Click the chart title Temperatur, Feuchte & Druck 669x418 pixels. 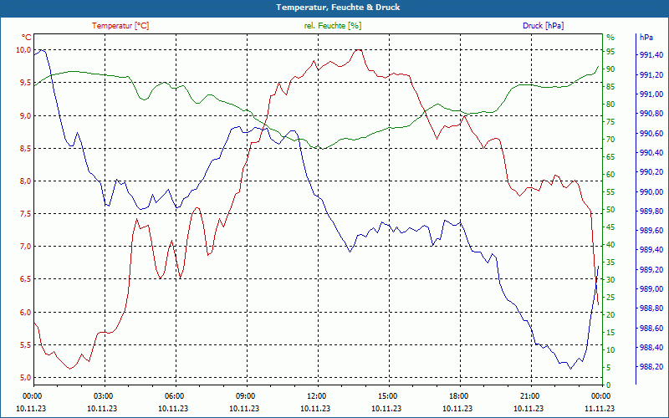tap(334, 7)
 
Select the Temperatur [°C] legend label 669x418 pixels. tap(120, 26)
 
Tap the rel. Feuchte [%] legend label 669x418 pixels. tap(333, 26)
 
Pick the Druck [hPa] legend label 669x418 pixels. tap(543, 26)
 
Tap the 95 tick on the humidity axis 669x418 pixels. tap(610, 52)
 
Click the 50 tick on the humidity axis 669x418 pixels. tap(610, 210)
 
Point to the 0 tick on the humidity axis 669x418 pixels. tap(608, 385)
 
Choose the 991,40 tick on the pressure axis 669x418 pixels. tap(651, 56)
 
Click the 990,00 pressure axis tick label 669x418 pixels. tap(651, 192)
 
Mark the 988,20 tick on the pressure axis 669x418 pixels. tap(651, 367)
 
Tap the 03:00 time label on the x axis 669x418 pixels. tap(103, 395)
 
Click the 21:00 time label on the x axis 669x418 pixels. tap(529, 395)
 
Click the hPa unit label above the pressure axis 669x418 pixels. tap(646, 38)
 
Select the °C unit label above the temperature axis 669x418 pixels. tap(27, 38)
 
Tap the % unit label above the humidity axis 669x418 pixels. tap(610, 38)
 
